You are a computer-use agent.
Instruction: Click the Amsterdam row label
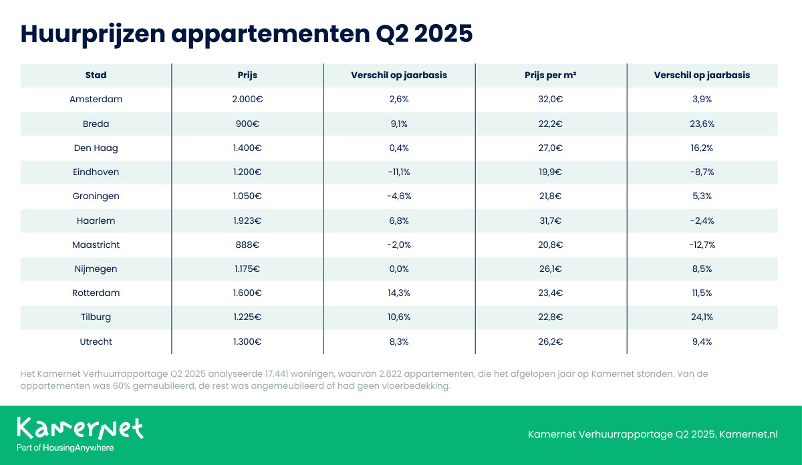[96, 100]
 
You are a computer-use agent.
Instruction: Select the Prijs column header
[247, 75]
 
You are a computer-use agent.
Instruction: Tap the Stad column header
[96, 75]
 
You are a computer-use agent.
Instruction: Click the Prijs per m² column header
[551, 75]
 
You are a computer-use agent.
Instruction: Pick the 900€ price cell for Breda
[247, 124]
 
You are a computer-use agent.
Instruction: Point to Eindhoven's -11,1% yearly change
[399, 172]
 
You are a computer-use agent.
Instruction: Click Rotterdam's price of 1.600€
[247, 293]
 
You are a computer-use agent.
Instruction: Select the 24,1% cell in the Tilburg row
[702, 317]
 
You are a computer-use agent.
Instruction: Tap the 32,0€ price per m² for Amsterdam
[551, 100]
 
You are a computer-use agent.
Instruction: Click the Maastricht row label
[96, 245]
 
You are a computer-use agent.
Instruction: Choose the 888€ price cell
[247, 245]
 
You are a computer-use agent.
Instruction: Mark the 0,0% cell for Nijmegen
[399, 269]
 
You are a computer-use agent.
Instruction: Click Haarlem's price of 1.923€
[247, 220]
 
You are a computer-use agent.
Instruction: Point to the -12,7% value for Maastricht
[702, 245]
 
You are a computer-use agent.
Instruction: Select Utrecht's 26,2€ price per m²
[551, 341]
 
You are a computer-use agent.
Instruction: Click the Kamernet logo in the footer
[80, 428]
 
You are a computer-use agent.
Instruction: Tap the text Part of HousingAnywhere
[65, 448]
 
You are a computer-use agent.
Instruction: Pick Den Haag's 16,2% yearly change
[702, 148]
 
